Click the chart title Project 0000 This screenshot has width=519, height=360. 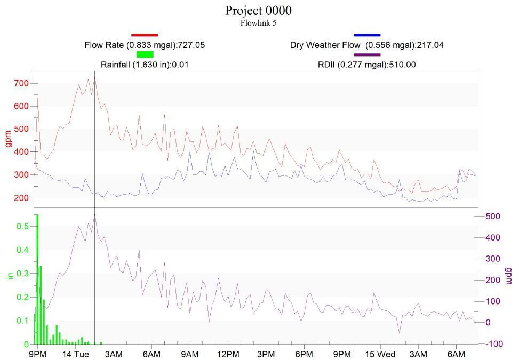(258, 11)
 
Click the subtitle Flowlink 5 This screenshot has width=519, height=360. (258, 23)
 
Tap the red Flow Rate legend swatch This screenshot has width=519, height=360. (145, 35)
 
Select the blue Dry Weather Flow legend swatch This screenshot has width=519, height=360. (367, 35)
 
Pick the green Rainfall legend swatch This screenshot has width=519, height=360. (145, 54)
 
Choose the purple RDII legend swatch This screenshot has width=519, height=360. (367, 54)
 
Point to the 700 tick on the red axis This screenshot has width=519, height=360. (21, 83)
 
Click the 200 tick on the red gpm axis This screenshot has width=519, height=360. (21, 198)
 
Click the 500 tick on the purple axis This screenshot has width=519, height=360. (492, 216)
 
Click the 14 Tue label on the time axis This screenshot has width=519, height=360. (75, 355)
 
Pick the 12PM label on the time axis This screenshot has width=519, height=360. (228, 355)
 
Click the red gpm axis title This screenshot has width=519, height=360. (8, 138)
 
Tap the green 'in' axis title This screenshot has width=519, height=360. (9, 275)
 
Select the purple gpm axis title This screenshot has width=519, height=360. (509, 275)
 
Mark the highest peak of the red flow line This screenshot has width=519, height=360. (94, 78)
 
